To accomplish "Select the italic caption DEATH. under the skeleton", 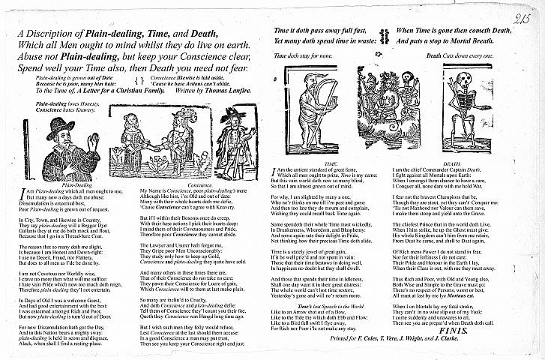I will tap(452, 163).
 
